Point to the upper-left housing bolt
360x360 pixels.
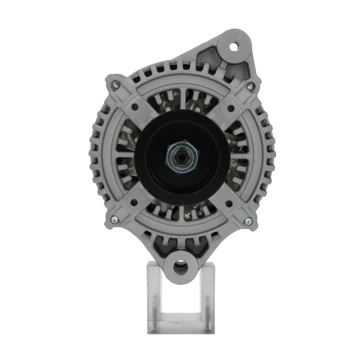point(114,85)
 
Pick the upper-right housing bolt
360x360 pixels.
point(250,86)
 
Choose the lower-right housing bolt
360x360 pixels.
point(248,221)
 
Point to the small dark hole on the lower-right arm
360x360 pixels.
point(229,203)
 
